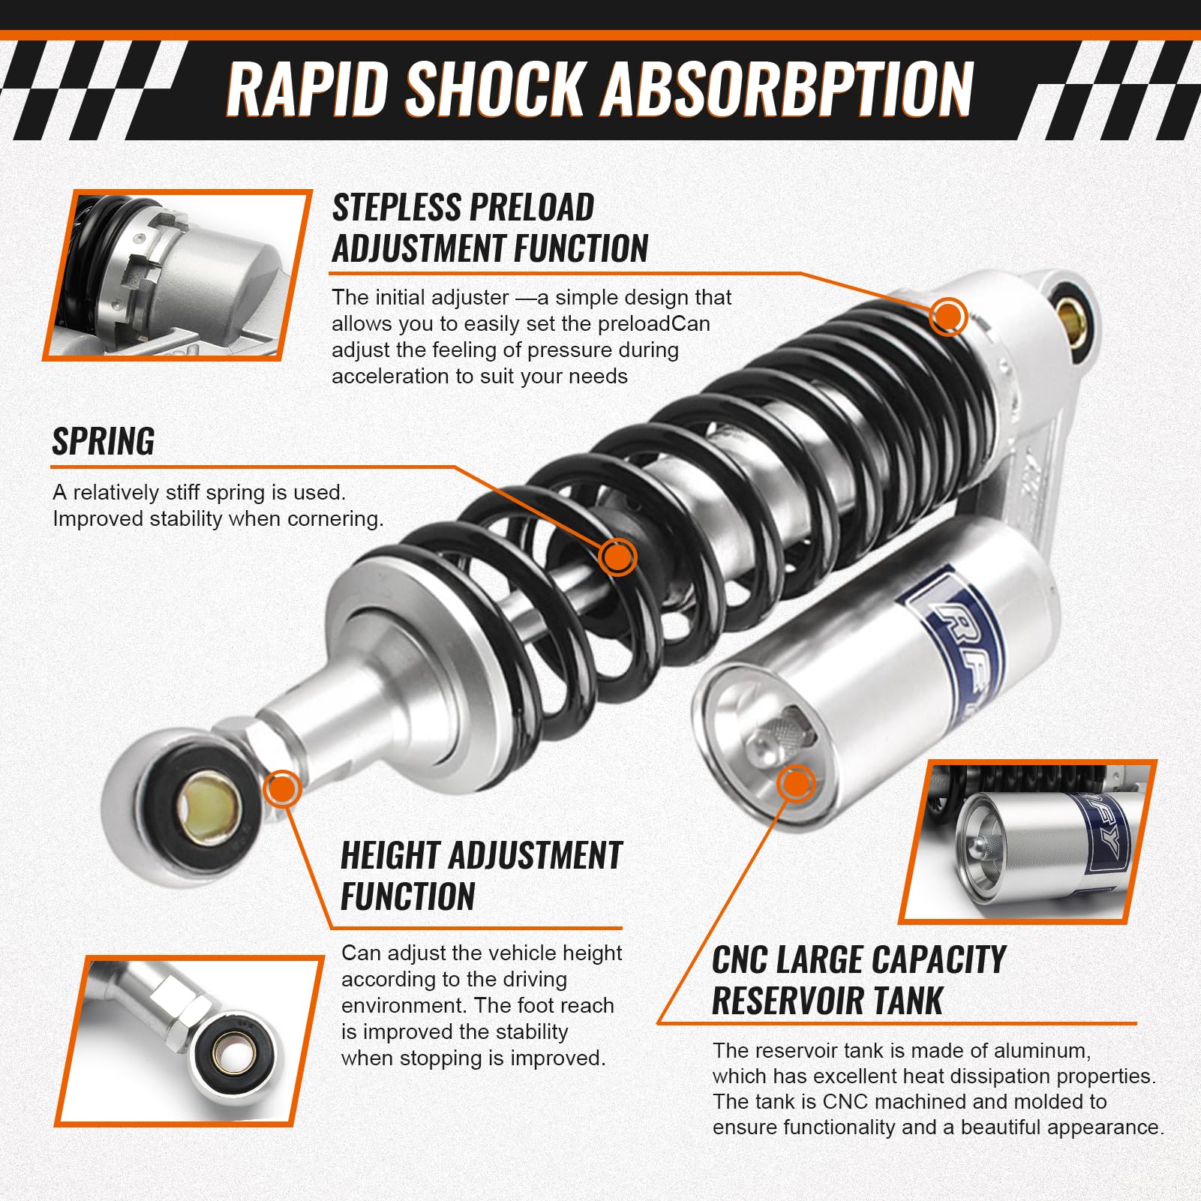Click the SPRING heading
(x=104, y=441)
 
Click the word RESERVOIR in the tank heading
(x=786, y=1001)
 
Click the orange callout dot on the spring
(x=617, y=557)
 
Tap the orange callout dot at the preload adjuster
(x=947, y=316)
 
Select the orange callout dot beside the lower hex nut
(x=282, y=788)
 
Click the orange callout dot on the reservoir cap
(x=796, y=784)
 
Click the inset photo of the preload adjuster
(x=177, y=275)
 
